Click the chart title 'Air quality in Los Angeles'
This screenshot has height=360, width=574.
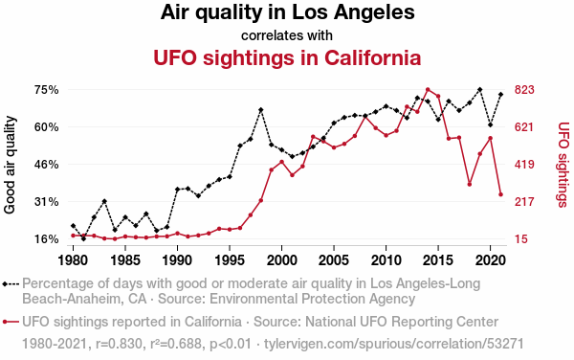coord(287,12)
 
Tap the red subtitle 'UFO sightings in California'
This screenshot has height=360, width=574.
coord(287,57)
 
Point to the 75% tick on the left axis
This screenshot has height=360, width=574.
coord(47,90)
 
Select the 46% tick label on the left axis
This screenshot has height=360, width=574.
coord(47,165)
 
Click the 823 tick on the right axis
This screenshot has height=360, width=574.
coord(524,90)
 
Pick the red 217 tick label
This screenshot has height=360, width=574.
coord(524,202)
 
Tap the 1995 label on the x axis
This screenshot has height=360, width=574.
coord(230,260)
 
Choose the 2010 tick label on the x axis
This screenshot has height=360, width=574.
coord(386,260)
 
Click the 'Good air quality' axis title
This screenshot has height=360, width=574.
coord(10,165)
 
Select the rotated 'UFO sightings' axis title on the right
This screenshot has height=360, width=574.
coord(563,165)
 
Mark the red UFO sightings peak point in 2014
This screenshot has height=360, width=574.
coord(428,89)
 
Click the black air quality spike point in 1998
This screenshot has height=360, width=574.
coord(260,110)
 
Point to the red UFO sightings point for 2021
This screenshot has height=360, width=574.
coord(500,194)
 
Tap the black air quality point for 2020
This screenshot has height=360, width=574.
coord(490,124)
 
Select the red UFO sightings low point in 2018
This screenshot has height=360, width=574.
coord(470,184)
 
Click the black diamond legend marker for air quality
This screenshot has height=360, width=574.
coord(5,283)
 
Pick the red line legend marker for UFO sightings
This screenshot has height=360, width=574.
coord(11,322)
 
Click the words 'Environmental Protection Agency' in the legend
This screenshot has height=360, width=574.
coord(312,299)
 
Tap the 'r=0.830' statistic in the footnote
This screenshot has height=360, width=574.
coord(119,344)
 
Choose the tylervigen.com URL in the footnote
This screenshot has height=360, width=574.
coord(394,345)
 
